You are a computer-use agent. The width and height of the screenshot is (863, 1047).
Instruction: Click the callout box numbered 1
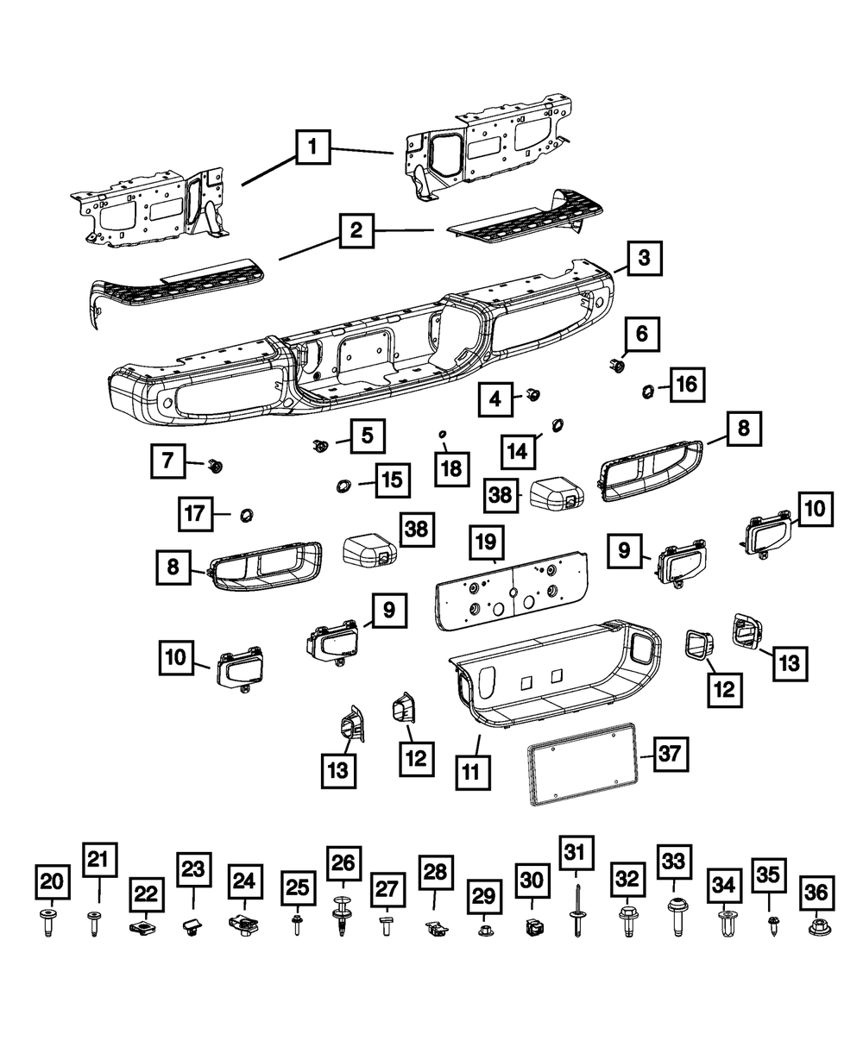click(313, 148)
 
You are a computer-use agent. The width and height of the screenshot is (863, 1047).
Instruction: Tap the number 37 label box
click(671, 755)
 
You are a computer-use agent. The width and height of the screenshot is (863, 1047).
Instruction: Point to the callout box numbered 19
click(486, 543)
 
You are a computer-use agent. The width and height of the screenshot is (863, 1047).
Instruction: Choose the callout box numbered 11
click(472, 771)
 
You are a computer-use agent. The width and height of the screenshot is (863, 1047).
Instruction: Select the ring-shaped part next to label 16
click(645, 393)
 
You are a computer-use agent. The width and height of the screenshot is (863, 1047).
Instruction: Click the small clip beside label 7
click(214, 467)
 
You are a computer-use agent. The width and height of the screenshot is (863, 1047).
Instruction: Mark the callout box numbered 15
click(392, 480)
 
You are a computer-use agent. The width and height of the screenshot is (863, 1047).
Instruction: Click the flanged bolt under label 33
click(675, 917)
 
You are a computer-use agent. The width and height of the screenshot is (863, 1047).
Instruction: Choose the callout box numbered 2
click(356, 232)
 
